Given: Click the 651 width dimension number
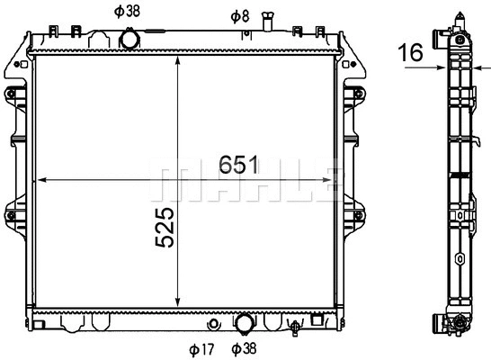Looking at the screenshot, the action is coord(238,164).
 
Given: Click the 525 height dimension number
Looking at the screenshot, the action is coord(165,227).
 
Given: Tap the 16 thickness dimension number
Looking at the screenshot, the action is coord(411,52).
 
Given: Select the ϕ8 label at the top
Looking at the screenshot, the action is coord(240,16).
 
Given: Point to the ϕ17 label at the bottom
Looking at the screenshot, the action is coord(201,349).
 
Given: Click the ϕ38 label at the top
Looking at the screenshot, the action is coord(127,12).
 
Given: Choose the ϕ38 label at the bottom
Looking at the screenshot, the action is coord(244,348).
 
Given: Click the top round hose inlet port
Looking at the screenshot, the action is coord(129,40).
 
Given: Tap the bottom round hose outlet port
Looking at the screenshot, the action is coord(245,323).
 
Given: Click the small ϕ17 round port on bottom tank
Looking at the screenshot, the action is coord(213,324).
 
